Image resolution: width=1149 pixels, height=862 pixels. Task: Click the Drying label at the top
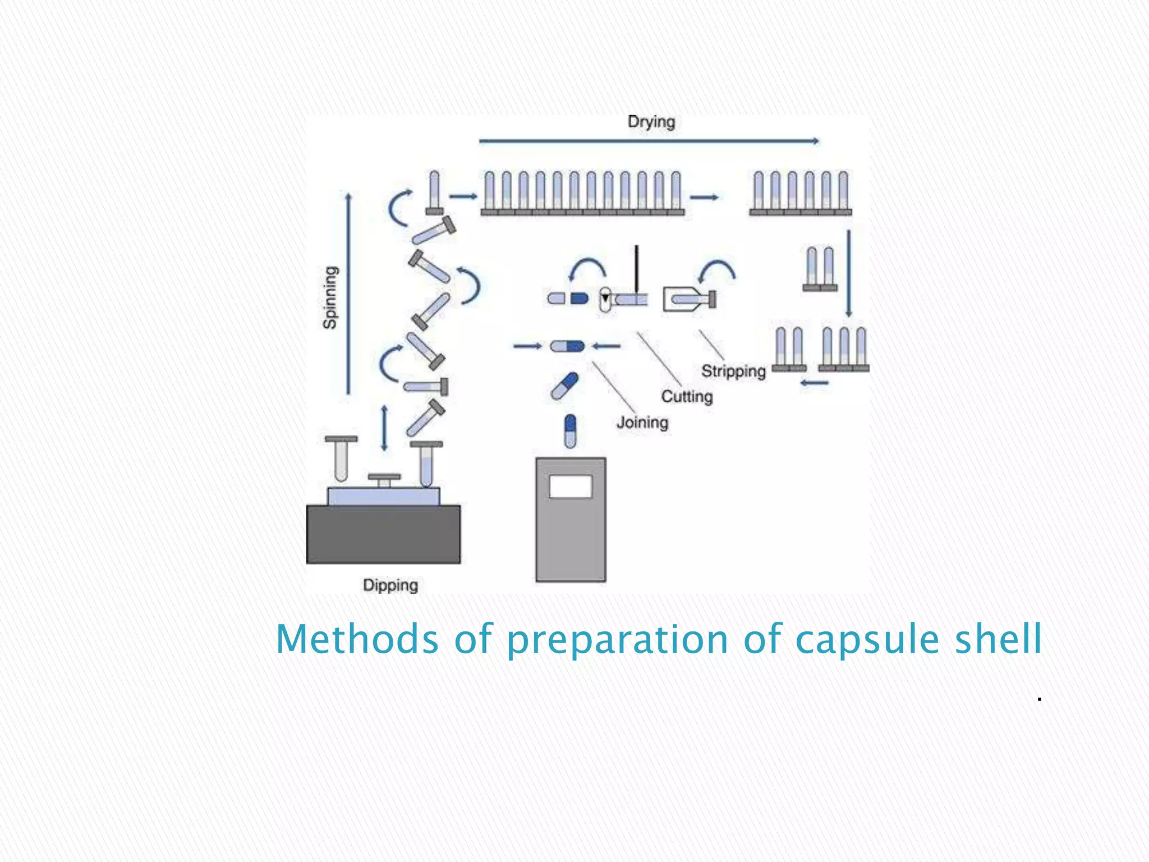click(651, 122)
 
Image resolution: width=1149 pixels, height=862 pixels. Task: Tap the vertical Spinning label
click(330, 297)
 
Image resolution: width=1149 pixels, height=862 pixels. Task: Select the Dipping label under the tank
click(390, 585)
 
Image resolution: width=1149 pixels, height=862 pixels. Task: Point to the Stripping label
click(733, 371)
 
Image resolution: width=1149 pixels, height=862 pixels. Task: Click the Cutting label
click(687, 396)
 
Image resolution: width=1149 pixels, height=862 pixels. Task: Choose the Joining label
click(642, 422)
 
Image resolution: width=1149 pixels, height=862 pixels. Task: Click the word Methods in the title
click(357, 639)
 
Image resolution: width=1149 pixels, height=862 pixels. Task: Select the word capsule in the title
click(867, 639)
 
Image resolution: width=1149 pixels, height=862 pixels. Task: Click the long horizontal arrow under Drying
click(649, 141)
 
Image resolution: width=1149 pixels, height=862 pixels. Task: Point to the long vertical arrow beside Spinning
click(348, 294)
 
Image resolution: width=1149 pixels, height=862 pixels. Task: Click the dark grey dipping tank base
click(383, 534)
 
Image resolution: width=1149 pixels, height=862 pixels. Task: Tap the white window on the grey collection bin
click(571, 487)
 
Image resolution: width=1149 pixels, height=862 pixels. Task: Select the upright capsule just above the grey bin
click(570, 431)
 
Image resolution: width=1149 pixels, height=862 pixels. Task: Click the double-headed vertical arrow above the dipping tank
click(384, 428)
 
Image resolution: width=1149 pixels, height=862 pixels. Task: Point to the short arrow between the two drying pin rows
click(704, 197)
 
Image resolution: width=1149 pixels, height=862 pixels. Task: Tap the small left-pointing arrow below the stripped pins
click(815, 383)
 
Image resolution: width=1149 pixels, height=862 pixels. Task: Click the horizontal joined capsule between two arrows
click(567, 346)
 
